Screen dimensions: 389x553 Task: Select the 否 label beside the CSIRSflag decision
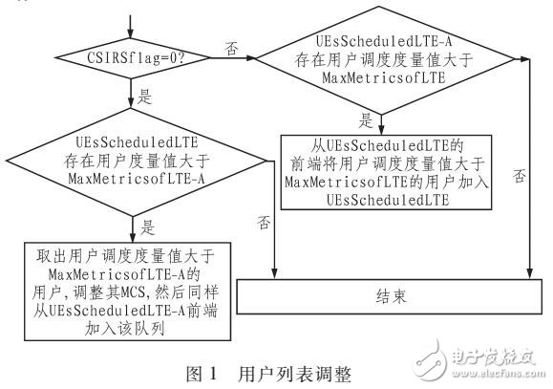pos(230,47)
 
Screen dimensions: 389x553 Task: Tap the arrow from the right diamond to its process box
pos(380,123)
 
